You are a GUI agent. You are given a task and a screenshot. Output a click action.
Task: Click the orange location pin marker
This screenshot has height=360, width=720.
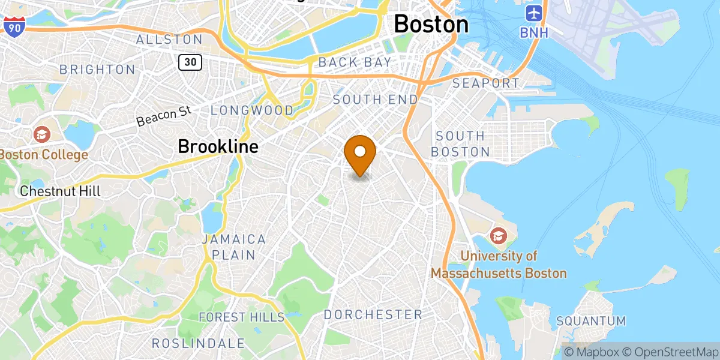360,154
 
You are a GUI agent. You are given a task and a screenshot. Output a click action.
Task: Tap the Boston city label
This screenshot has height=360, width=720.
431,25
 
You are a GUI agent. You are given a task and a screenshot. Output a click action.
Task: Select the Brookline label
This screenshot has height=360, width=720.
218,146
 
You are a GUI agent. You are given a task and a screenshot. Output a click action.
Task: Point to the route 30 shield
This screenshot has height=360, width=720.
190,61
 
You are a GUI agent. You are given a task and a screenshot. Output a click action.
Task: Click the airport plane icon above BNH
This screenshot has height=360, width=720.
533,13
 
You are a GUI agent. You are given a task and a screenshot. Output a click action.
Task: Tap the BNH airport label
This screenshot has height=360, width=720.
534,32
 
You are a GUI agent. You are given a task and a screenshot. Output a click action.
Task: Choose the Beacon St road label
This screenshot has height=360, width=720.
163,116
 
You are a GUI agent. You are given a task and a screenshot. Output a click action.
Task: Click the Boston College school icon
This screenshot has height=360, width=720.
42,133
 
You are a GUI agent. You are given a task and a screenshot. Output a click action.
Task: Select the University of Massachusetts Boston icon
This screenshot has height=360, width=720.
498,235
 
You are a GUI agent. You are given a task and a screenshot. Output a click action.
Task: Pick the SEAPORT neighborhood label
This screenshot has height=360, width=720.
486,83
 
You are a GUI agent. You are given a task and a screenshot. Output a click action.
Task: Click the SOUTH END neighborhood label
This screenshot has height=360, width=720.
375,99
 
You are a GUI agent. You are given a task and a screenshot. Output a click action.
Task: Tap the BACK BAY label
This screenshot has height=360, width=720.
355,62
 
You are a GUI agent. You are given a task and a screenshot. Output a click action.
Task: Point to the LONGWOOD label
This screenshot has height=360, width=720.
252,110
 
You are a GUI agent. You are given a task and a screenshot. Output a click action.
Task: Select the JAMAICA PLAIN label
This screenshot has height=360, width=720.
233,247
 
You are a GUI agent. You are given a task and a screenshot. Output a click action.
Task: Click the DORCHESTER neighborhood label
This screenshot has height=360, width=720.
373,314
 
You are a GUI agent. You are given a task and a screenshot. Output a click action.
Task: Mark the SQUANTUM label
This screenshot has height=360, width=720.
591,321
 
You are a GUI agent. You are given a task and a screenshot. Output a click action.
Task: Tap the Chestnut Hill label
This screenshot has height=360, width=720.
60,191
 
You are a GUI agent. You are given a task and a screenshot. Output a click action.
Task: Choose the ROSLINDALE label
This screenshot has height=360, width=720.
198,343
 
